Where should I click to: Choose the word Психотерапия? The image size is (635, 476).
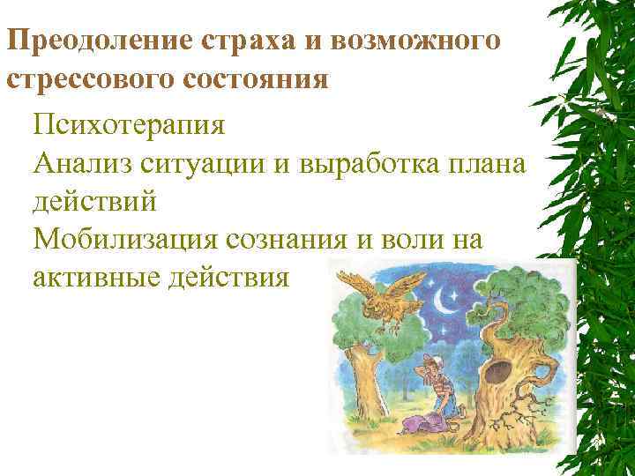tap(130, 123)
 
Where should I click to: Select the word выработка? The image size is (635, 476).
tap(387, 162)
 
